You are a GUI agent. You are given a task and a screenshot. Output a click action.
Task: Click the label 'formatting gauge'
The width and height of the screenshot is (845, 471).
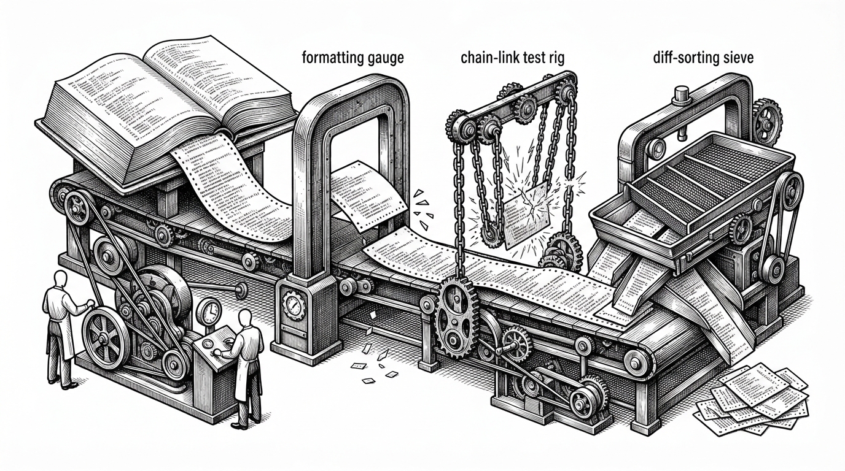[352, 58]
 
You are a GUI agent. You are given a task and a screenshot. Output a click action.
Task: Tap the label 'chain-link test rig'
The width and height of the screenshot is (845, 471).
[513, 58]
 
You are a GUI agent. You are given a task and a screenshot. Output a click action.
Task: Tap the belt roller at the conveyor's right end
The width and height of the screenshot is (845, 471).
[638, 363]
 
